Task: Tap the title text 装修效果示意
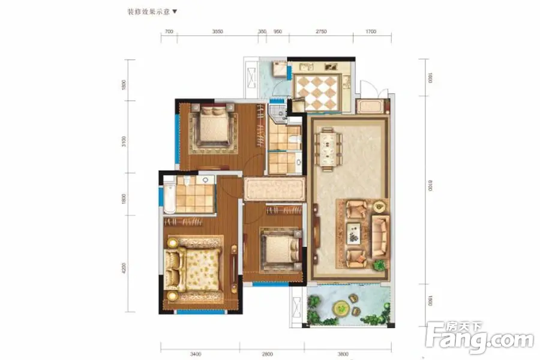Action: (149, 11)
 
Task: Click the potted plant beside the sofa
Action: (379, 264)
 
